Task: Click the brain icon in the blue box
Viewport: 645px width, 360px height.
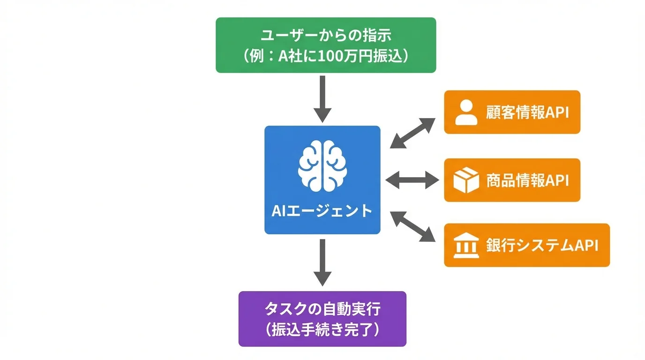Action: click(322, 168)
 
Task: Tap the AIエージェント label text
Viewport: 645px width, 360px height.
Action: click(322, 210)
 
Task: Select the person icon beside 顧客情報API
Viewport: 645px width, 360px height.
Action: click(466, 112)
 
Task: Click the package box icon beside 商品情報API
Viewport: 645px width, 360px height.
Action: click(466, 180)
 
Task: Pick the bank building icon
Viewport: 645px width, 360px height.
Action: click(466, 246)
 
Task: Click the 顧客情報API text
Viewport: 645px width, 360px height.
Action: click(527, 113)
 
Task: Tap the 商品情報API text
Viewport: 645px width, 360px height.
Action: click(527, 180)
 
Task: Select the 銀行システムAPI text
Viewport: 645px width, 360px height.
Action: click(542, 246)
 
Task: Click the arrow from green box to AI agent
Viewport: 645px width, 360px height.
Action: click(322, 98)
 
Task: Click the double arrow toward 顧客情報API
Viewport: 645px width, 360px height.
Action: click(413, 133)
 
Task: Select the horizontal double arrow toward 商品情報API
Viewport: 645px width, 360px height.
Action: click(412, 180)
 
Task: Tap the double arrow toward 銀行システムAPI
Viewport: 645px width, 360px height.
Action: click(413, 226)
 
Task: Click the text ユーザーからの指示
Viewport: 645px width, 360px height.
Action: click(326, 35)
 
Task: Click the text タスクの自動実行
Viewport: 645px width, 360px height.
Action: click(322, 309)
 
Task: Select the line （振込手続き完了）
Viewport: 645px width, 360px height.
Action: click(322, 330)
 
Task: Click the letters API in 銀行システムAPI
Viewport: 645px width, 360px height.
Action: click(586, 246)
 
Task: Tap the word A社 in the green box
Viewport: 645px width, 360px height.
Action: click(292, 56)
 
